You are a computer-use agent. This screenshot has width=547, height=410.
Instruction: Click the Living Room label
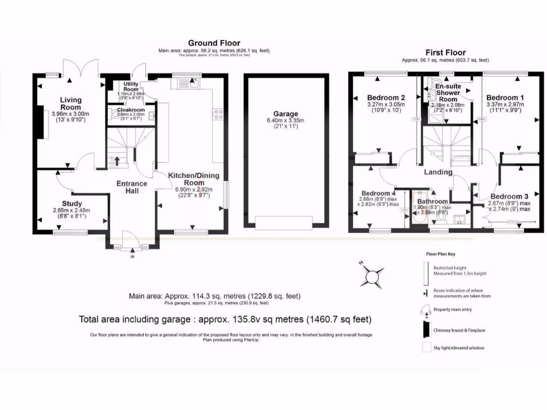70,103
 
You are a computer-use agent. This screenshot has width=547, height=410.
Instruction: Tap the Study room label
72,203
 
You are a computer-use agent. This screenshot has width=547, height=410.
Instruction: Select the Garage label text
286,114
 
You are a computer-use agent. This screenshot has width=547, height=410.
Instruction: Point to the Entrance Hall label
132,187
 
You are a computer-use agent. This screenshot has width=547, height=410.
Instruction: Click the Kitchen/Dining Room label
194,179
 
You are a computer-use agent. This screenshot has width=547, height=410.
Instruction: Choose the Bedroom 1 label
502,98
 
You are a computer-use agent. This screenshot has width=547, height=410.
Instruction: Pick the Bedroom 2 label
386,98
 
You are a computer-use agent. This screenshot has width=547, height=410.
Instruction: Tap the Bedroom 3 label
511,196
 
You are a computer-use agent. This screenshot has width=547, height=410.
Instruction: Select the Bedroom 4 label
378,193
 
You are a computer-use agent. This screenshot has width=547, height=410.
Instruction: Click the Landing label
438,172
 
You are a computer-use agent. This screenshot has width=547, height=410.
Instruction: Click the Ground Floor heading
214,43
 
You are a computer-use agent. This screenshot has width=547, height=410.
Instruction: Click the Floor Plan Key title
441,255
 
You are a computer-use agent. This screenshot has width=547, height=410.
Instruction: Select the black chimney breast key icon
426,329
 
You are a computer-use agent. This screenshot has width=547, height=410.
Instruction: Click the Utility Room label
131,87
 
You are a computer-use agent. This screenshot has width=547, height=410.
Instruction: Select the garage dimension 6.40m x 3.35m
286,121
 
